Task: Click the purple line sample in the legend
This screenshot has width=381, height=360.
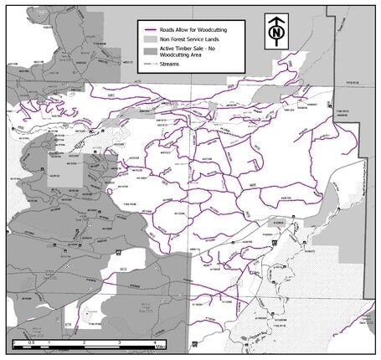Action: pyautogui.click(x=150, y=28)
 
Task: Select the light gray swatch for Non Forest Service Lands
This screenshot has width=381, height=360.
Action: pyautogui.click(x=150, y=39)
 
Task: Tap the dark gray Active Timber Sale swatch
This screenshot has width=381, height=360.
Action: pyautogui.click(x=150, y=49)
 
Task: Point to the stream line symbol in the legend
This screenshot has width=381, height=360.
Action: pyautogui.click(x=150, y=64)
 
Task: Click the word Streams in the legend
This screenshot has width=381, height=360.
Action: pyautogui.click(x=172, y=64)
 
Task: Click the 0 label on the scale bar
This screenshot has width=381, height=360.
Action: pyautogui.click(x=13, y=343)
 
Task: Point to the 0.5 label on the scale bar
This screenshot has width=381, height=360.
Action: pyautogui.click(x=31, y=343)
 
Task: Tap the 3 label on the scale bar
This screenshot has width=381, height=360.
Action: pyautogui.click(x=119, y=343)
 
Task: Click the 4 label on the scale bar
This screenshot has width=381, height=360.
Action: pyautogui.click(x=154, y=343)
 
